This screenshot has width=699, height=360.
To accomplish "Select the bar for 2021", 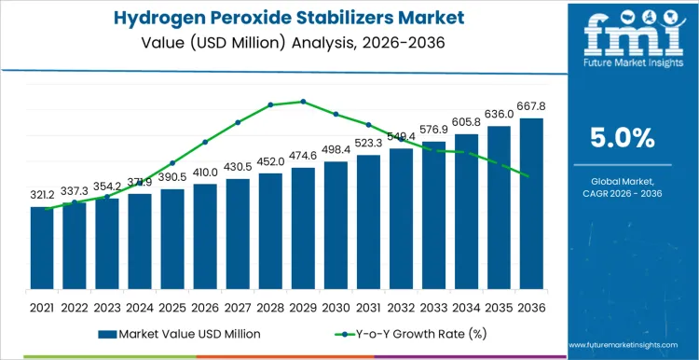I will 42,249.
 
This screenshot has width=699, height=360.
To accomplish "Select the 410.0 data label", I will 205,173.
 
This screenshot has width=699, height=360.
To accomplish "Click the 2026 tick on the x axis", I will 205,307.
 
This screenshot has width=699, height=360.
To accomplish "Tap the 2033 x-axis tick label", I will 433,307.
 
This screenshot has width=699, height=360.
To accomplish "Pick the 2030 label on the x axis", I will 336,307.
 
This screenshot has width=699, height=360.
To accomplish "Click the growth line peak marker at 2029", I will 303,102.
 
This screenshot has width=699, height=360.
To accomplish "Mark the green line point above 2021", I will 47,209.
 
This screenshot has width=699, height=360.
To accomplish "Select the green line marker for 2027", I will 238,122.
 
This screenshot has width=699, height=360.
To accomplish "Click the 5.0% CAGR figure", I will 622,138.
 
